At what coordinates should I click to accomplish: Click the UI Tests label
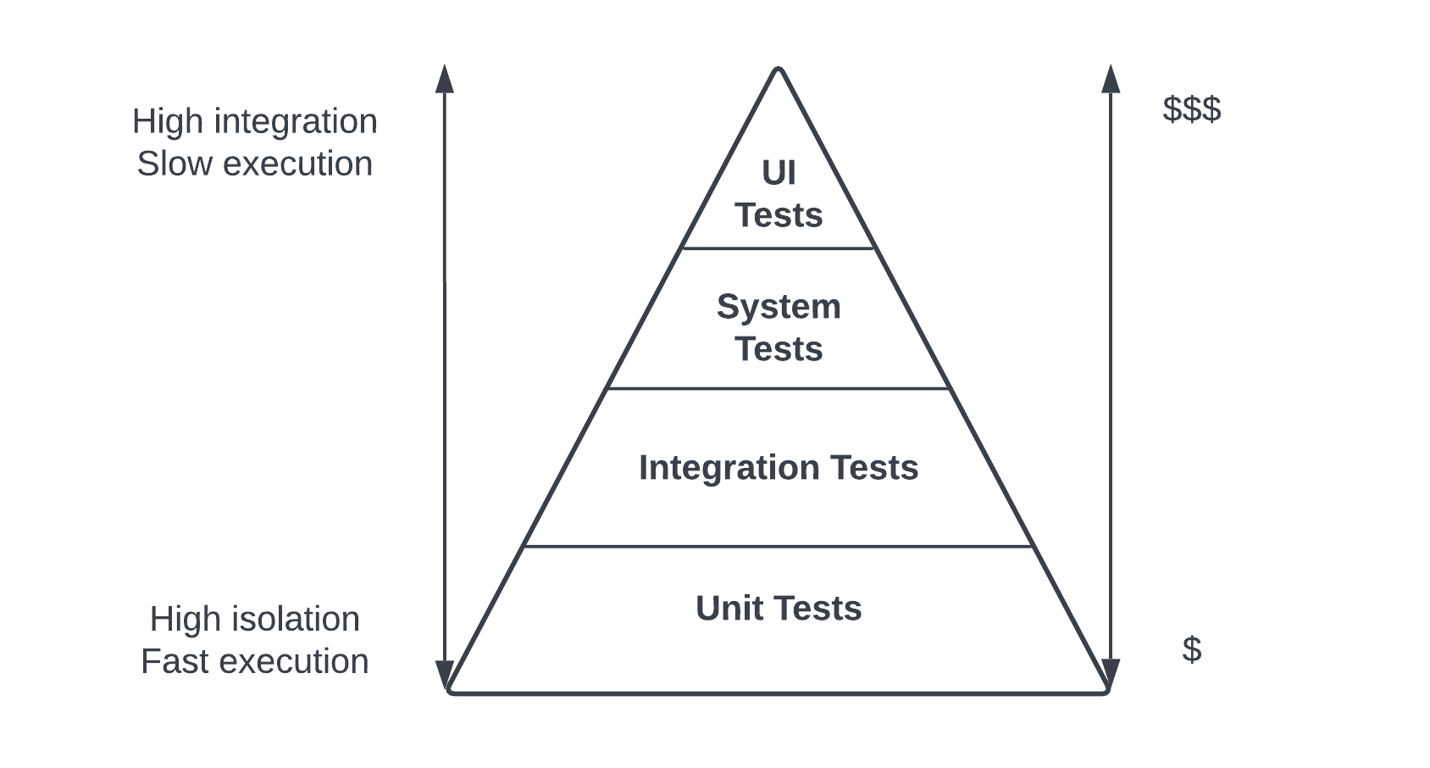coord(779,194)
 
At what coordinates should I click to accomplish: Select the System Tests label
coord(779,327)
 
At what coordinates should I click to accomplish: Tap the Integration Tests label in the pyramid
coord(779,468)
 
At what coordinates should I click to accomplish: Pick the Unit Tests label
coord(779,609)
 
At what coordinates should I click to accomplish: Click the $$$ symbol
coord(1191,109)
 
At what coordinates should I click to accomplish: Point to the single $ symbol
coord(1191,649)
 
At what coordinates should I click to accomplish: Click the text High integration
coord(254,121)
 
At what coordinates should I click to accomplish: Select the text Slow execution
coord(254,164)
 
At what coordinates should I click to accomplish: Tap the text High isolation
coord(254,619)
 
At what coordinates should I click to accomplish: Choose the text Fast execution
coord(254,661)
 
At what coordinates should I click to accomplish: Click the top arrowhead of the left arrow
coord(445,78)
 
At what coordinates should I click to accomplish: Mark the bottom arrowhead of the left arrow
coord(445,675)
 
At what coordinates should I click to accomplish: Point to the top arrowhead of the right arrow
coord(1111,78)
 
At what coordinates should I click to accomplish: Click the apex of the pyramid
coord(779,70)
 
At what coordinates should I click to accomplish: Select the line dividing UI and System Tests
coord(779,248)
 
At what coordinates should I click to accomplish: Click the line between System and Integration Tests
coord(779,388)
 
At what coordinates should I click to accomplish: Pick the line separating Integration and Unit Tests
coord(779,547)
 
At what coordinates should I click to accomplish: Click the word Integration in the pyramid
coord(729,468)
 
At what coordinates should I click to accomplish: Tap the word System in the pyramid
coord(779,306)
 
